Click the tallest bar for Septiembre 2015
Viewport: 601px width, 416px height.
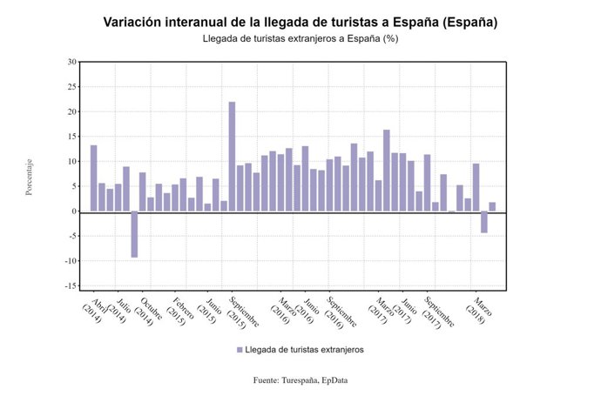tap(232, 157)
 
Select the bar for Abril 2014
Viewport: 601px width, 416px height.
tap(93, 178)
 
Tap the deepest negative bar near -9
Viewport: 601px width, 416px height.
tap(134, 234)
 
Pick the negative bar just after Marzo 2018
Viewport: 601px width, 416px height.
tap(484, 222)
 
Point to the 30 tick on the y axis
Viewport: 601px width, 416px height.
tap(72, 62)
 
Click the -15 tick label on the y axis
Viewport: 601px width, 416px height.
tap(71, 285)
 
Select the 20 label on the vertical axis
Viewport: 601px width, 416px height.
tap(72, 111)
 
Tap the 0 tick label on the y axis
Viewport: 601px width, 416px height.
tap(74, 211)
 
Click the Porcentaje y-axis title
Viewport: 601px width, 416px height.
tap(29, 177)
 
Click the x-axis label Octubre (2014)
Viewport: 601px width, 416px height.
tap(147, 312)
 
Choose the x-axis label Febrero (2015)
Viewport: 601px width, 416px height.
tap(179, 312)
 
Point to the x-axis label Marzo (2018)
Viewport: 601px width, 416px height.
tap(479, 311)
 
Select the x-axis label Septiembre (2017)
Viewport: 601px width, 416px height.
tap(438, 313)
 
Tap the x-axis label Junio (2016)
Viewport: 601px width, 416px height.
tap(306, 311)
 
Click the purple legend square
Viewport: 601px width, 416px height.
tap(240, 350)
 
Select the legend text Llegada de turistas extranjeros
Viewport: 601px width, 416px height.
tap(304, 350)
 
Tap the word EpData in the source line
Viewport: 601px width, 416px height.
tap(334, 380)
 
